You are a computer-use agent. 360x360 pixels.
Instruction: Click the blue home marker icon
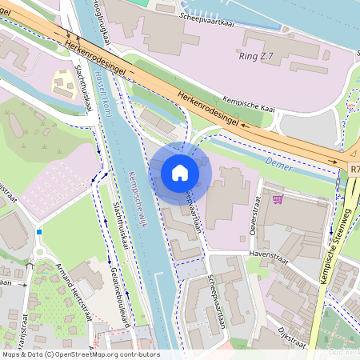180,172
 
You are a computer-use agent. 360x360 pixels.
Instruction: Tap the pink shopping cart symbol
278,198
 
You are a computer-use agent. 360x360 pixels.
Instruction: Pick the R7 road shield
354,170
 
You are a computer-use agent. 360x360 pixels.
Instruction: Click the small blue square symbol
38,232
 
